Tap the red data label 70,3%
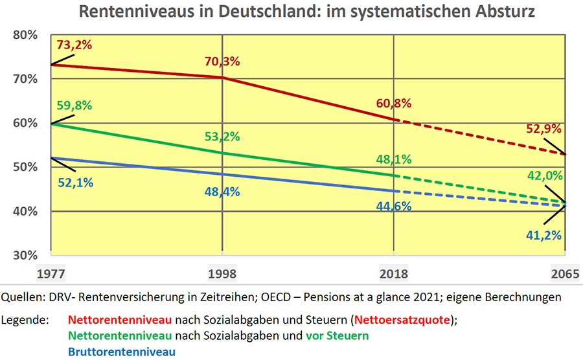point(222,62)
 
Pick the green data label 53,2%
point(222,136)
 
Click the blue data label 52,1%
point(74,182)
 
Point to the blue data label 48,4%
point(222,192)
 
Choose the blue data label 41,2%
point(542,234)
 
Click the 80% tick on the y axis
point(26,35)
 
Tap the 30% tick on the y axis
point(26,255)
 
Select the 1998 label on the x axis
point(222,274)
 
